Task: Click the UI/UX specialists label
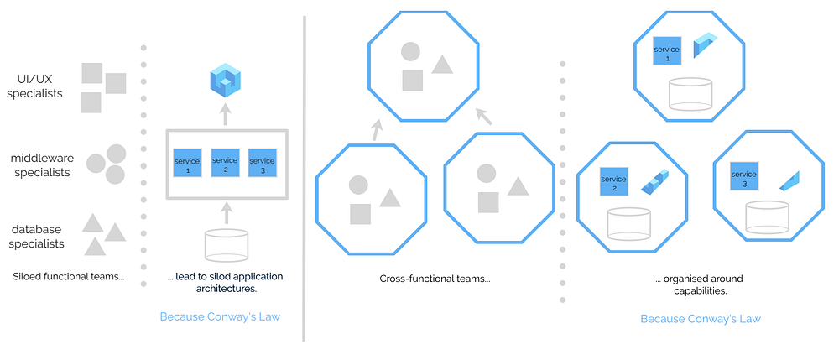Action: click(35, 86)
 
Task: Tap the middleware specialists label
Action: click(40, 164)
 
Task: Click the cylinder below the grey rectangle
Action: click(227, 244)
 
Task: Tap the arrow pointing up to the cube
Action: click(225, 114)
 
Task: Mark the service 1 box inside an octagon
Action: click(667, 50)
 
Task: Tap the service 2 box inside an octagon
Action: click(614, 181)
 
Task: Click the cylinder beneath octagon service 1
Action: click(690, 94)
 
